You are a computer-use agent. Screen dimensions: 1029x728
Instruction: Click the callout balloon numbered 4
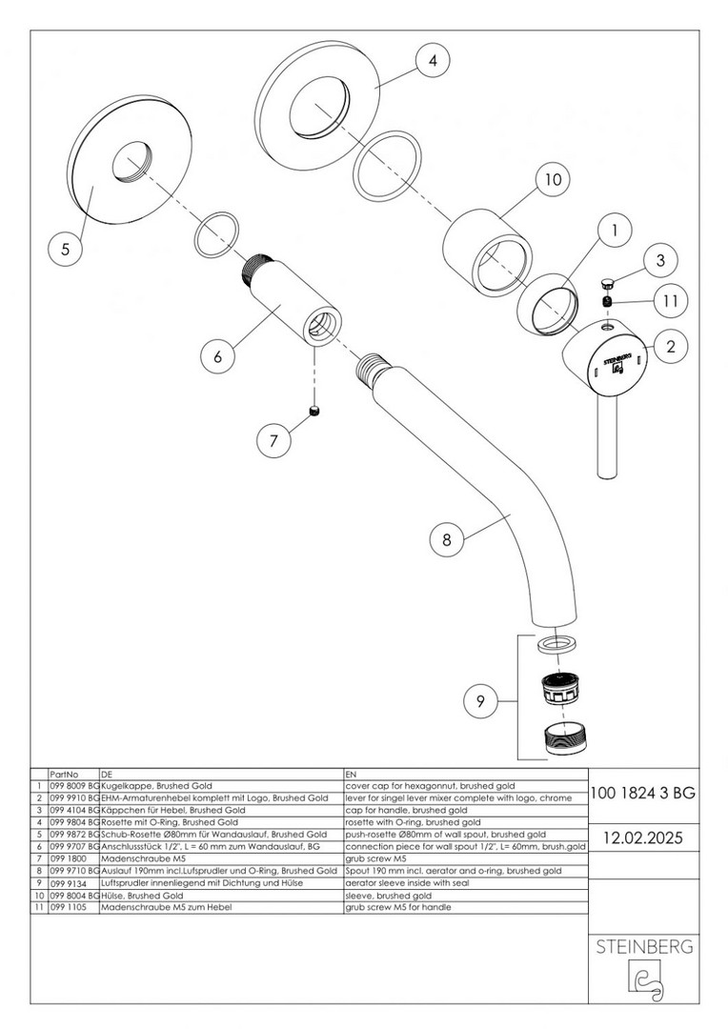coord(434,60)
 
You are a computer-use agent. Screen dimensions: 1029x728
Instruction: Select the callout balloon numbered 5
coord(65,250)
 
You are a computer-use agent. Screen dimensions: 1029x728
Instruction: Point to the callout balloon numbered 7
coord(274,440)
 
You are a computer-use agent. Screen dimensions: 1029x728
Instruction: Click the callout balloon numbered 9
coord(481,703)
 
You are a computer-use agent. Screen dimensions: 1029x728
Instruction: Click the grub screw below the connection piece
coord(313,411)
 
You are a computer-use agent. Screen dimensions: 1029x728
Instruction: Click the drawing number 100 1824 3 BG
coord(642,792)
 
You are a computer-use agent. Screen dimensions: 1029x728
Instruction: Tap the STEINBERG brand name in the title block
coord(642,947)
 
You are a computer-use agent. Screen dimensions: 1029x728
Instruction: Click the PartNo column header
coord(64,775)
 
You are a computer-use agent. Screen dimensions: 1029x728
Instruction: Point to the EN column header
coord(352,775)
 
